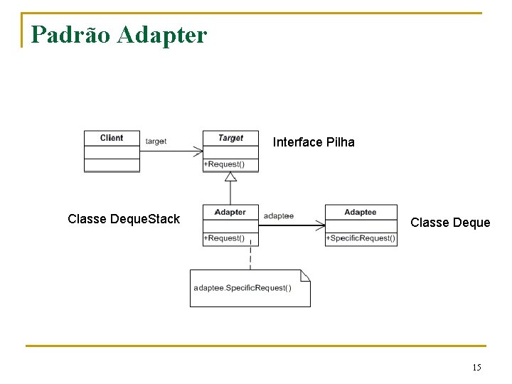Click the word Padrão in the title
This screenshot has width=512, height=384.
pos(68,34)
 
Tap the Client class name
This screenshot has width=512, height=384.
pos(112,138)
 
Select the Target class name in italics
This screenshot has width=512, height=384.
pos(230,138)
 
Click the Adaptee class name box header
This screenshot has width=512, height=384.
pos(361,212)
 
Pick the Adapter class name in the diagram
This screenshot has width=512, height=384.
pos(230,212)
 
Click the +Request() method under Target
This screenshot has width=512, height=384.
pos(224,164)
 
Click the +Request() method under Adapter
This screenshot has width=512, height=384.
pos(224,238)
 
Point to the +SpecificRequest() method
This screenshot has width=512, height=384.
pos(361,238)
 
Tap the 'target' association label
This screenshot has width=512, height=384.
pos(156,142)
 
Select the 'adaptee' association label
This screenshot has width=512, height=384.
pos(278,215)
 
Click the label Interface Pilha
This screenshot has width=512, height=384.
pos(314,142)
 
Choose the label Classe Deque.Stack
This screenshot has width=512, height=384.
pos(124,219)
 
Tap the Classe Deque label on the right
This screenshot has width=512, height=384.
pos(450,223)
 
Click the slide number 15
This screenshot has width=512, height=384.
pos(476,368)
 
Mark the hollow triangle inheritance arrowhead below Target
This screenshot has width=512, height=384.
pos(230,177)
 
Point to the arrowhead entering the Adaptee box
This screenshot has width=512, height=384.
pos(321,225)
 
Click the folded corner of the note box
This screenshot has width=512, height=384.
pos(305,275)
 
